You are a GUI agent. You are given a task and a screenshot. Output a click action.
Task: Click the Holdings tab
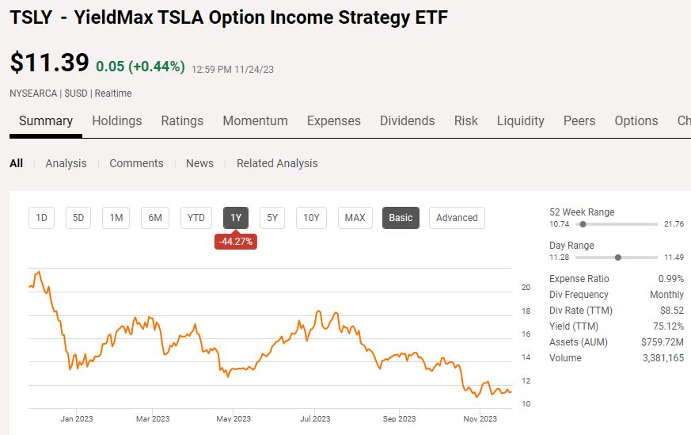tap(116, 121)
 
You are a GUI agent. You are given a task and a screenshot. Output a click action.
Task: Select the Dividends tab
tap(407, 121)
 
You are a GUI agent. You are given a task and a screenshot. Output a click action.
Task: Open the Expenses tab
tap(333, 121)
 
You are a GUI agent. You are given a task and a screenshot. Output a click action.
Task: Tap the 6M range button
tap(155, 218)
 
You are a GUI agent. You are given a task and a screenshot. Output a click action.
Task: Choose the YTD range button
tap(196, 218)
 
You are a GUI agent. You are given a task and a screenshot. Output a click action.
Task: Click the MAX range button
tap(355, 218)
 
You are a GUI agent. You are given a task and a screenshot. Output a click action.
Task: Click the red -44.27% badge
tap(235, 242)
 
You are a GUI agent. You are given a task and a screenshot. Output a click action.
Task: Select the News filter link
tap(199, 163)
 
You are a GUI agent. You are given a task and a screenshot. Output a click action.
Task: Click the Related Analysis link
tap(277, 163)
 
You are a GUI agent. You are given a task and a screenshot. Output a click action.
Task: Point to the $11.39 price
tap(48, 63)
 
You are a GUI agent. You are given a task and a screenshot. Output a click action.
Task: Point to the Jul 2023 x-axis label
tap(315, 418)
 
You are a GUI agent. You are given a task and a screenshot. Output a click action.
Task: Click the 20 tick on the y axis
tap(526, 288)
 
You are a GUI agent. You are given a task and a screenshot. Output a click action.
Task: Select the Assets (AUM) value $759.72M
tap(662, 342)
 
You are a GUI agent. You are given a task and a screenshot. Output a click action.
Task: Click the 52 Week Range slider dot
tap(583, 224)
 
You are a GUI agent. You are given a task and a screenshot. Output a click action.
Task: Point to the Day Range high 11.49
tap(674, 258)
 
